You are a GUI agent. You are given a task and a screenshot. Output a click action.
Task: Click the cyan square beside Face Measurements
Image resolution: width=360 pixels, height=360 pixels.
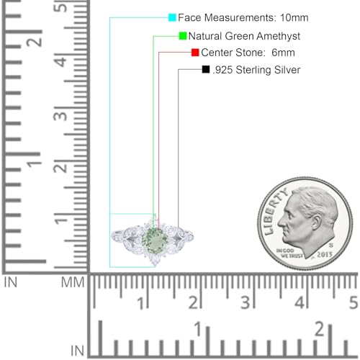(x=172, y=17)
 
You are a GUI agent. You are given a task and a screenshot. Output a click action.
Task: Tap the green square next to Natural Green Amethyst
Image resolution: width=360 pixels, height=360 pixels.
(x=183, y=35)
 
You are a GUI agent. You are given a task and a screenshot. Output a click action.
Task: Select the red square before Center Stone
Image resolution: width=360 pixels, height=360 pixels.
(x=195, y=53)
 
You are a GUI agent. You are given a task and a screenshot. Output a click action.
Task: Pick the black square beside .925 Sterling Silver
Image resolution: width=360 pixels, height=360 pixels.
(x=207, y=70)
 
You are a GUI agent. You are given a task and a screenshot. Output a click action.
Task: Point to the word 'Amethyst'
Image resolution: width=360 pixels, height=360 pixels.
(x=276, y=35)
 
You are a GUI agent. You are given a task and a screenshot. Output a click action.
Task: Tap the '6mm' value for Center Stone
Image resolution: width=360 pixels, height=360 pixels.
(x=282, y=53)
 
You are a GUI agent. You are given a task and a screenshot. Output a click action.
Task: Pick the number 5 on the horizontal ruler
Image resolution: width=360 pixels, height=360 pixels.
(x=353, y=302)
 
